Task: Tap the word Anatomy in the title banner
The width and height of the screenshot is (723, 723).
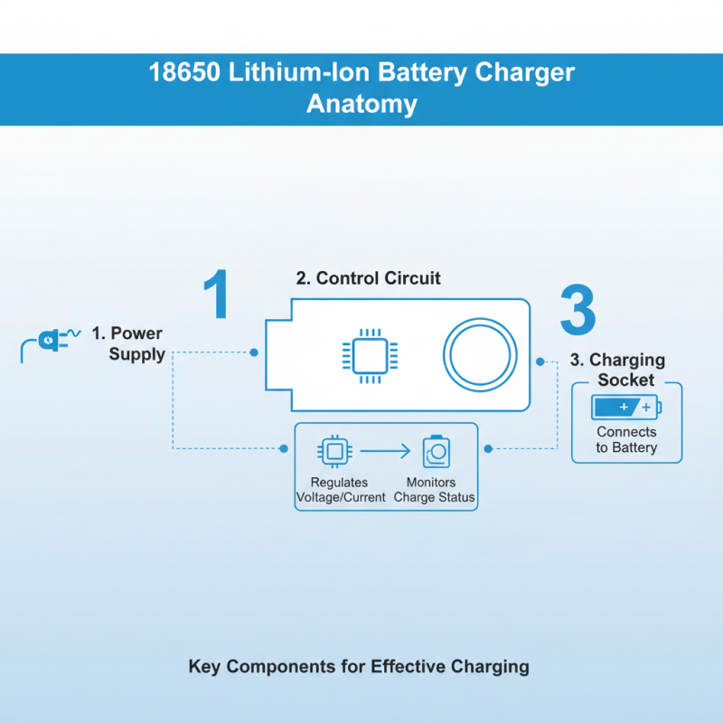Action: coord(361,103)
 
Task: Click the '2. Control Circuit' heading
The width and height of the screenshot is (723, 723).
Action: coord(369,278)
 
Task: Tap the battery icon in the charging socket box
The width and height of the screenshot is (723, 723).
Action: coord(626,408)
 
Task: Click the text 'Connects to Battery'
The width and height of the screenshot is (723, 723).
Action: coord(626,439)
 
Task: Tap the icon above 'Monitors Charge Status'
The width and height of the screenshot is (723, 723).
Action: coord(437,450)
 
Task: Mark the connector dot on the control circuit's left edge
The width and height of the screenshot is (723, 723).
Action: coord(254,352)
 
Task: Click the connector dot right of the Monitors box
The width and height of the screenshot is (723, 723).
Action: coord(489,448)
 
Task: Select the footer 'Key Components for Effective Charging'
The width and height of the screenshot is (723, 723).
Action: coord(359,667)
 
